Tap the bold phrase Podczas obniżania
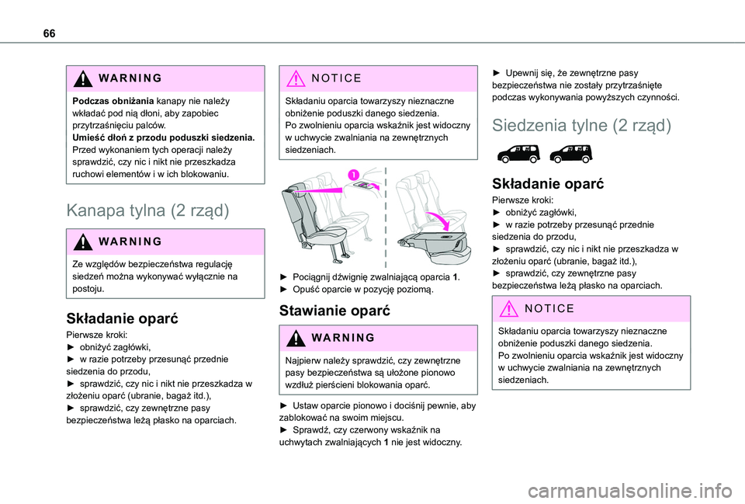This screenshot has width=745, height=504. tap(112, 102)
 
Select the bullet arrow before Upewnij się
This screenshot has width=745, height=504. tap(498, 73)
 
